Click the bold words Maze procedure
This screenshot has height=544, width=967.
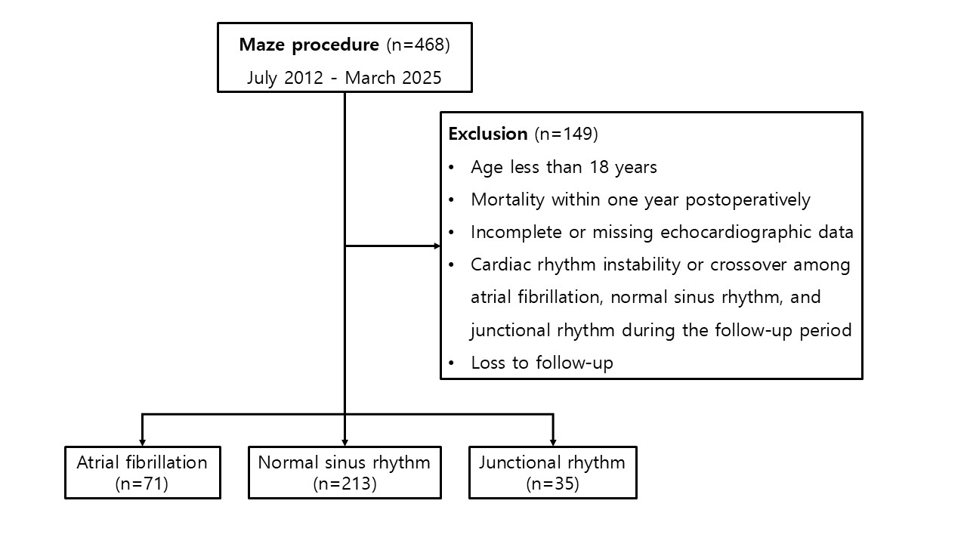[x=309, y=45]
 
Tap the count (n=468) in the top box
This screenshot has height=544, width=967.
[x=418, y=45]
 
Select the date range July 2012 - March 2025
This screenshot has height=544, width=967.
[x=344, y=78]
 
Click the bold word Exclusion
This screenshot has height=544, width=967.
[x=488, y=134]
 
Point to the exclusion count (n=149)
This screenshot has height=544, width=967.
[x=567, y=134]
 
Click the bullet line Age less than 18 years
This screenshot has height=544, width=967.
[x=564, y=168]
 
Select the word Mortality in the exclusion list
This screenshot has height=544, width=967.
[x=508, y=200]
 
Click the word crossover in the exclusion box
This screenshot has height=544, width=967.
[x=748, y=264]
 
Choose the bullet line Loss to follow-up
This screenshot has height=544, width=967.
[x=542, y=363]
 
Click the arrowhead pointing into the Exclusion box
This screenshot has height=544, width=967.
[x=437, y=246]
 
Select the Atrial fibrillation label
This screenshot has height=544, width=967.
[x=142, y=462]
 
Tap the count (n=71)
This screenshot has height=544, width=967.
[x=141, y=484]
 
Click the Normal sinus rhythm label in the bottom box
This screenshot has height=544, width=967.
[x=344, y=463]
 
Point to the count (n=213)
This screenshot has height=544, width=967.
[x=344, y=484]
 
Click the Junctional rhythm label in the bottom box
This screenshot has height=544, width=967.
[x=551, y=463]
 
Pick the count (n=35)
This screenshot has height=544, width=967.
[x=552, y=484]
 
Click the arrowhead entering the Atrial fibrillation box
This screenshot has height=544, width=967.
[x=143, y=443]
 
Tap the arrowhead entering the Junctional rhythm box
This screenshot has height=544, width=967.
[x=553, y=443]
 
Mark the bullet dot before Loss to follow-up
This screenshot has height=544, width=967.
[x=452, y=363]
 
